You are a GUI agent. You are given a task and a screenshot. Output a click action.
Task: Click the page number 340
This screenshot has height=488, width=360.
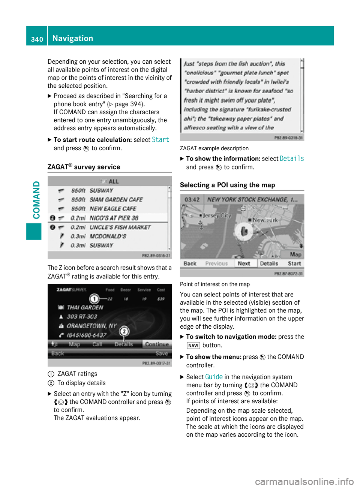click(x=37, y=39)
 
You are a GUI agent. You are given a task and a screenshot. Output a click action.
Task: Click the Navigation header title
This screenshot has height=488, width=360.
click(x=73, y=38)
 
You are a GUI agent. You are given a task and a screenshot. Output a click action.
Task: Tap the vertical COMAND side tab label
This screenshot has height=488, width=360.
click(x=36, y=200)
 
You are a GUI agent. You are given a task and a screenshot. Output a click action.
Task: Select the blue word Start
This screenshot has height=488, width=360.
click(x=160, y=140)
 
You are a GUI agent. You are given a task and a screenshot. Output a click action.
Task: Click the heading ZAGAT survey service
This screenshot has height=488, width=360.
click(x=84, y=167)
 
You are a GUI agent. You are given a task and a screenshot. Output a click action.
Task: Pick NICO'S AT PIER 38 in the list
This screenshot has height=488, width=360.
click(x=114, y=218)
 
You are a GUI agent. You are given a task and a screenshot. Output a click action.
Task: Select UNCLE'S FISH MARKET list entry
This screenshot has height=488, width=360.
click(x=120, y=227)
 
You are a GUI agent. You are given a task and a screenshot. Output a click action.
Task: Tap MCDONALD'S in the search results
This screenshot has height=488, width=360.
click(x=108, y=237)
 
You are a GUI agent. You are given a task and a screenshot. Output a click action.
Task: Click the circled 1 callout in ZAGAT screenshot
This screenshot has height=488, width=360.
click(x=94, y=299)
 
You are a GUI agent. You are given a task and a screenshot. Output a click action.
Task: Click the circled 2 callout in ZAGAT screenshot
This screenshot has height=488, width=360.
click(x=124, y=331)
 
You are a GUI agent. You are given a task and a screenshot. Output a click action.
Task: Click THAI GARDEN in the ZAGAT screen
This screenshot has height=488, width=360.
click(x=85, y=307)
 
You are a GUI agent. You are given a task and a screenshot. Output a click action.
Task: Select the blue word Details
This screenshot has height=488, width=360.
click(x=292, y=159)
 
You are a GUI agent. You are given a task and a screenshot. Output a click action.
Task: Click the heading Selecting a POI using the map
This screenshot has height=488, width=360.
click(x=228, y=185)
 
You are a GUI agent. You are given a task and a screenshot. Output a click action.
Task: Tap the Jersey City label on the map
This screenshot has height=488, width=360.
click(x=217, y=216)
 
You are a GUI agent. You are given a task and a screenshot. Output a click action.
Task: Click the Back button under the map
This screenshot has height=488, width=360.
click(x=190, y=263)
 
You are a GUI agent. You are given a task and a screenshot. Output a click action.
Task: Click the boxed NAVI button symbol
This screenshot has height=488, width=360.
click(x=193, y=346)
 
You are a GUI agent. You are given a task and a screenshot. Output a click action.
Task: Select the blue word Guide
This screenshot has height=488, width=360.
click(x=214, y=377)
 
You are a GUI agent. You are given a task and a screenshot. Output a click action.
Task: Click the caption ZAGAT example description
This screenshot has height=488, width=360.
click(x=214, y=148)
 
